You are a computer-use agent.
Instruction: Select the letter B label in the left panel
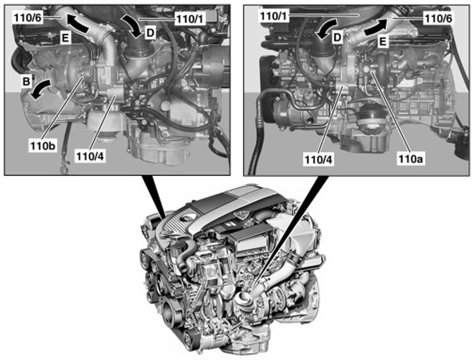(26, 82)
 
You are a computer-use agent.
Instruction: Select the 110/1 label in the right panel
(275, 17)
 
